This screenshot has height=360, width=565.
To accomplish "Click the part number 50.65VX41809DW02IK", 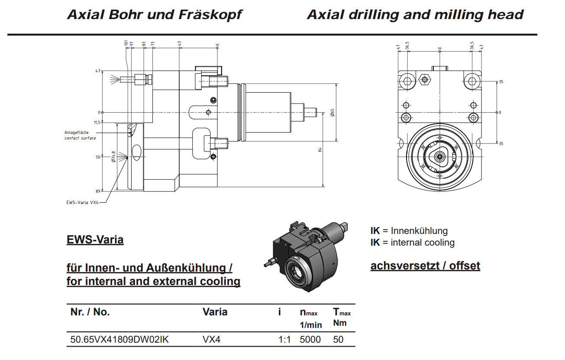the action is tap(119, 340).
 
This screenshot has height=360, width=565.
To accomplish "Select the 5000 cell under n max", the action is tap(310, 340).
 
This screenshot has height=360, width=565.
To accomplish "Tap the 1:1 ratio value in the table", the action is tap(284, 340).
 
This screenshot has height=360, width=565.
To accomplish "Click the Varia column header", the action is tap(215, 312).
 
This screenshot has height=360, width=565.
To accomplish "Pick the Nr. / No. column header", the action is tap(90, 312).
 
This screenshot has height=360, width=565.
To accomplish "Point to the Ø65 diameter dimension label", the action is tap(332, 113).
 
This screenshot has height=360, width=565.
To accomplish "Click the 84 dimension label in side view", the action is tap(320, 150).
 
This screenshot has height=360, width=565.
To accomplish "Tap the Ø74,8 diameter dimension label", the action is tap(113, 157).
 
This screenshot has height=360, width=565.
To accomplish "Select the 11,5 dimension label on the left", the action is tap(97, 123).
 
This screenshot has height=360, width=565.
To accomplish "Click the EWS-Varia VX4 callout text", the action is tap(82, 202).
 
